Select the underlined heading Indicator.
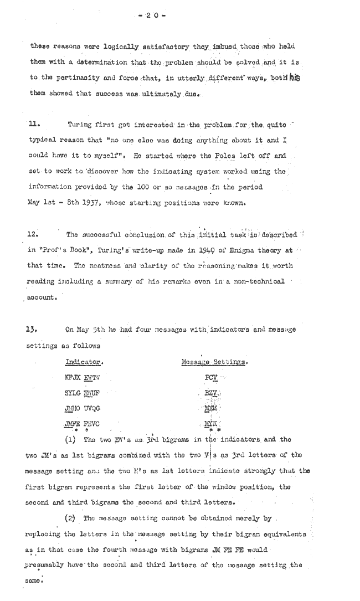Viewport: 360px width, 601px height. pos(84,362)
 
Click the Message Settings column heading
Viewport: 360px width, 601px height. pos(214,362)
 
